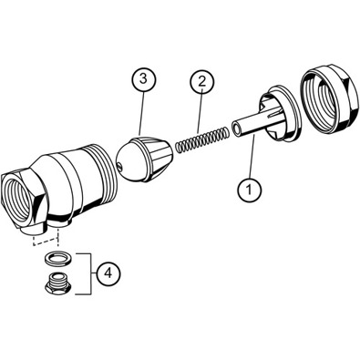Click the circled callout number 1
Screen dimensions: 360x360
click(249, 190)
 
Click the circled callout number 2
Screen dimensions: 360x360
click(202, 81)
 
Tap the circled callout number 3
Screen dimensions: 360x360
click(143, 78)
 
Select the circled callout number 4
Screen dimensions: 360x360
click(108, 273)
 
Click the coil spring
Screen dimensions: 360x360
click(202, 139)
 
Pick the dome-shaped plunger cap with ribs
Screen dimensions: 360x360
click(144, 159)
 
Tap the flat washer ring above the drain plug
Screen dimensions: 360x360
click(58, 258)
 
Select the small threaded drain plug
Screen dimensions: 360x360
click(58, 283)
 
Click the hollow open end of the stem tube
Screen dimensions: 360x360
click(236, 128)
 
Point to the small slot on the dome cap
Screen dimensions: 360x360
click(120, 166)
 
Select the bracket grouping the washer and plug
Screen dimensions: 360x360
click(85, 273)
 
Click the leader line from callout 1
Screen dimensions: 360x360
click(252, 156)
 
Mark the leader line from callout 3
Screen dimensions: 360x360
click(141, 113)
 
